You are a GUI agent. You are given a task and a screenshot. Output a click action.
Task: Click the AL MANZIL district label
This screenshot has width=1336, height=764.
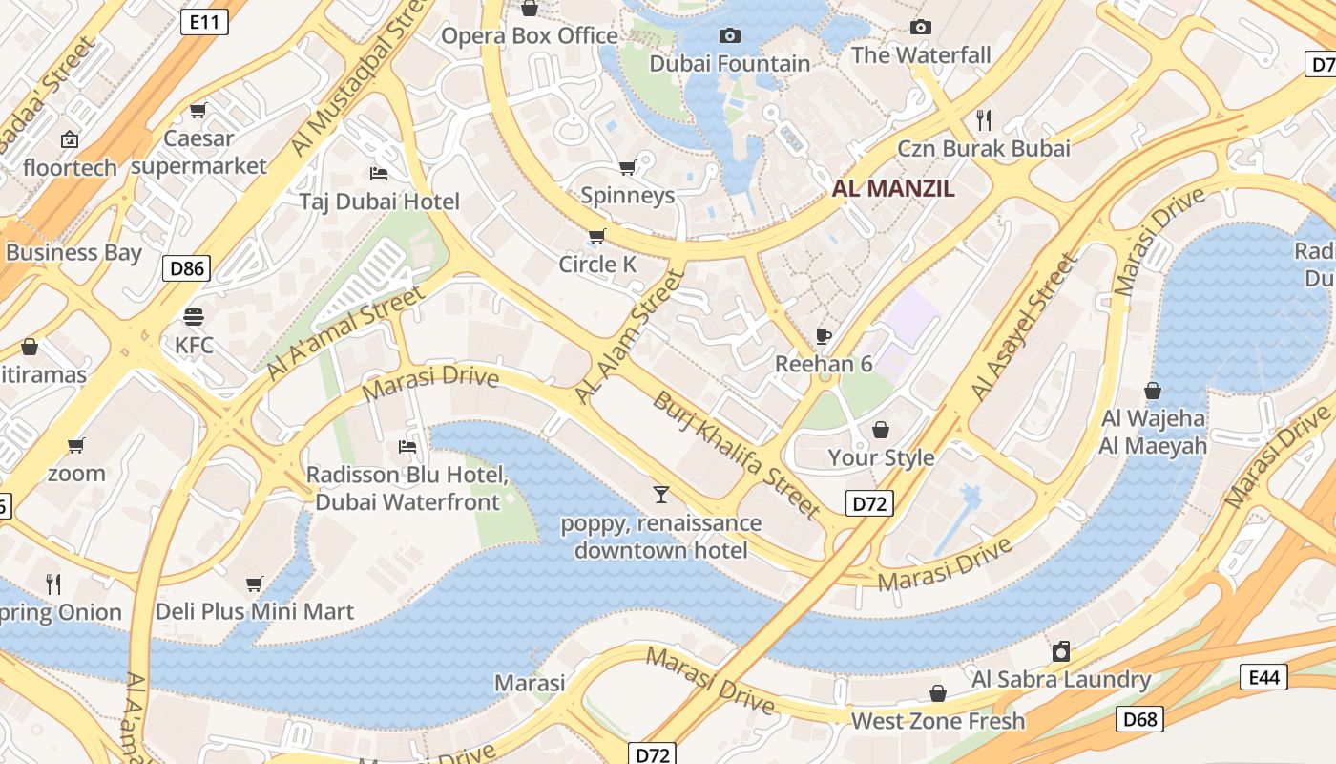coord(892,188)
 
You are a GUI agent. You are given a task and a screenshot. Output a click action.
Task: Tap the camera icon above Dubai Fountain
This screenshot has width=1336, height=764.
coord(730,36)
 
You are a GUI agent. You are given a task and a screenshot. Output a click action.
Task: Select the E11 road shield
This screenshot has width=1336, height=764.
coord(204,22)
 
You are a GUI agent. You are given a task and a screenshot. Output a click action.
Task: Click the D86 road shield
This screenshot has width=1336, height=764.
coord(186,268)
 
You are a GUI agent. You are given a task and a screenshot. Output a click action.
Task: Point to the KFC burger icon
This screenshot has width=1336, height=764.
coord(194,317)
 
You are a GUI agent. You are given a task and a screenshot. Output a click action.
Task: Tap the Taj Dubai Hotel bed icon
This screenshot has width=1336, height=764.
coord(379,174)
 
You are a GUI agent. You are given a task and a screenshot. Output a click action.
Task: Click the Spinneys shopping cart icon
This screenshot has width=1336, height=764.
coord(627,168)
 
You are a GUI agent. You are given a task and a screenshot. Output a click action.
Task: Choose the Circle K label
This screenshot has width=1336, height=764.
coord(597,265)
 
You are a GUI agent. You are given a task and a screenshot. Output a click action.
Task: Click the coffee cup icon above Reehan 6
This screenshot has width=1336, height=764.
coord(824,336)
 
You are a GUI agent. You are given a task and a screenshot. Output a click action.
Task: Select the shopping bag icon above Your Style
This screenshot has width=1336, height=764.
coord(881,430)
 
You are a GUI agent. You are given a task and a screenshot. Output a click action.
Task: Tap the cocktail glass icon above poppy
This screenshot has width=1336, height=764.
coord(660,495)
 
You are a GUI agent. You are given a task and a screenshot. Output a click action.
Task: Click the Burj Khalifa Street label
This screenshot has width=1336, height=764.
coord(736,455)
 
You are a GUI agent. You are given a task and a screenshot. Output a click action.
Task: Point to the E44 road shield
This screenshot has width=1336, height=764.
coord(1263,677)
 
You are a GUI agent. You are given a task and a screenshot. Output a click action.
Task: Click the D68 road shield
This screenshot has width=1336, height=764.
coord(1140,718)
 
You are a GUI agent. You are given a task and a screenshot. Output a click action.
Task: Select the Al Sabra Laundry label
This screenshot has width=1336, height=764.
coord(1061,680)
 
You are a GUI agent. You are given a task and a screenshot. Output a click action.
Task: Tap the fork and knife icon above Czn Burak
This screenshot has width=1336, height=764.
coord(984,120)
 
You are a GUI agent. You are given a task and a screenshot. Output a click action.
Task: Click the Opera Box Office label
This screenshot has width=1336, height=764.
coord(530,36)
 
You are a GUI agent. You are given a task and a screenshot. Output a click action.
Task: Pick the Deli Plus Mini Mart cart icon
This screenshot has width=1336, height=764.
coord(254,584)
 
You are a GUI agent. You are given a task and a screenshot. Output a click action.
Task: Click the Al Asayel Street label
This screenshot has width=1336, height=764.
coord(1024,327)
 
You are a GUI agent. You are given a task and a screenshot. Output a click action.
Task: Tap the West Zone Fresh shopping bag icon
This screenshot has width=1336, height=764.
coord(938,693)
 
